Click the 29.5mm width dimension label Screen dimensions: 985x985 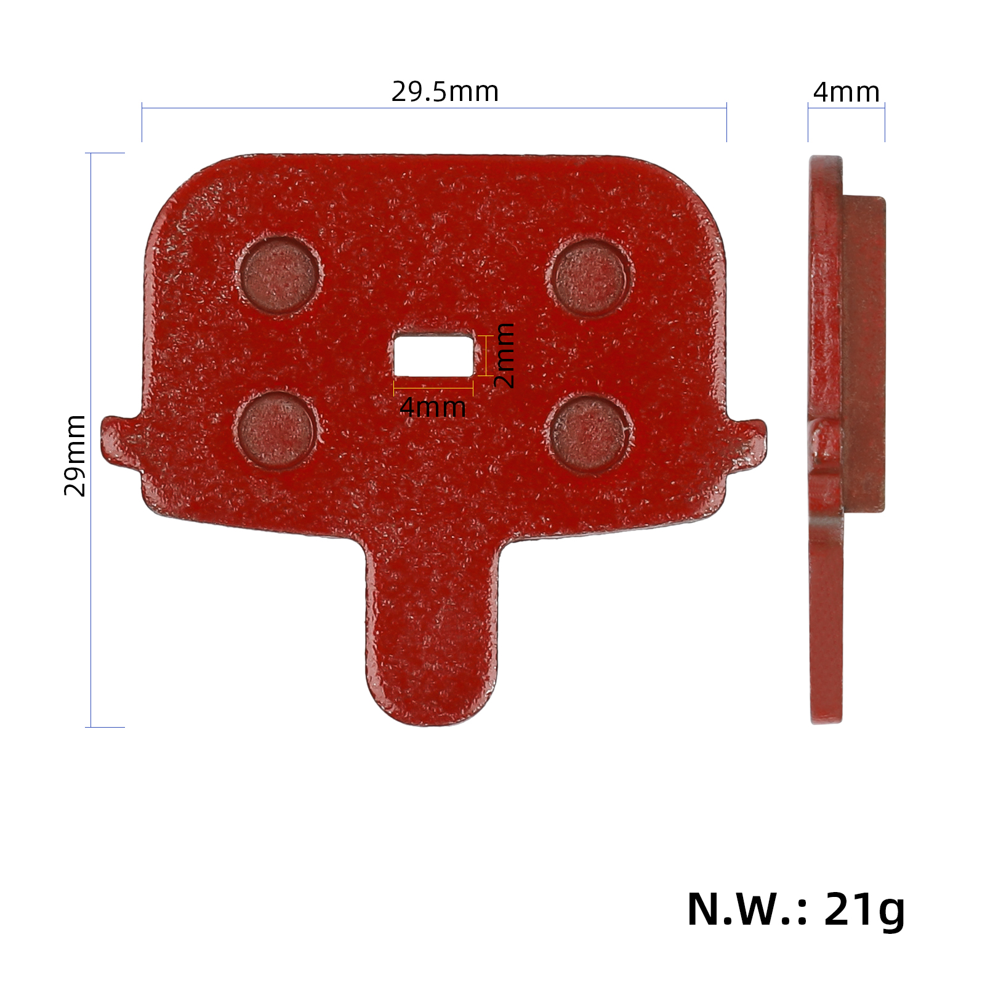tap(444, 92)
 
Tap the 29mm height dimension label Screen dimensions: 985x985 tap(75, 455)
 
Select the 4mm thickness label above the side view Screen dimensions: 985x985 tap(846, 92)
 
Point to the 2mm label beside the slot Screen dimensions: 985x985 tap(504, 355)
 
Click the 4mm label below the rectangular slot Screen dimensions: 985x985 tap(433, 408)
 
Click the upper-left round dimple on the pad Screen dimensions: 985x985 tap(280, 275)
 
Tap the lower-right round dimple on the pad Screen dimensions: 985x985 tap(589, 433)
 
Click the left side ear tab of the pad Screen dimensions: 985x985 tap(120, 440)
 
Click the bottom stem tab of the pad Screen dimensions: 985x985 tap(431, 640)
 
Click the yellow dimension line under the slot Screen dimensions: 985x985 tap(433, 388)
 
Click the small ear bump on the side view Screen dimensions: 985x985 tap(824, 443)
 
